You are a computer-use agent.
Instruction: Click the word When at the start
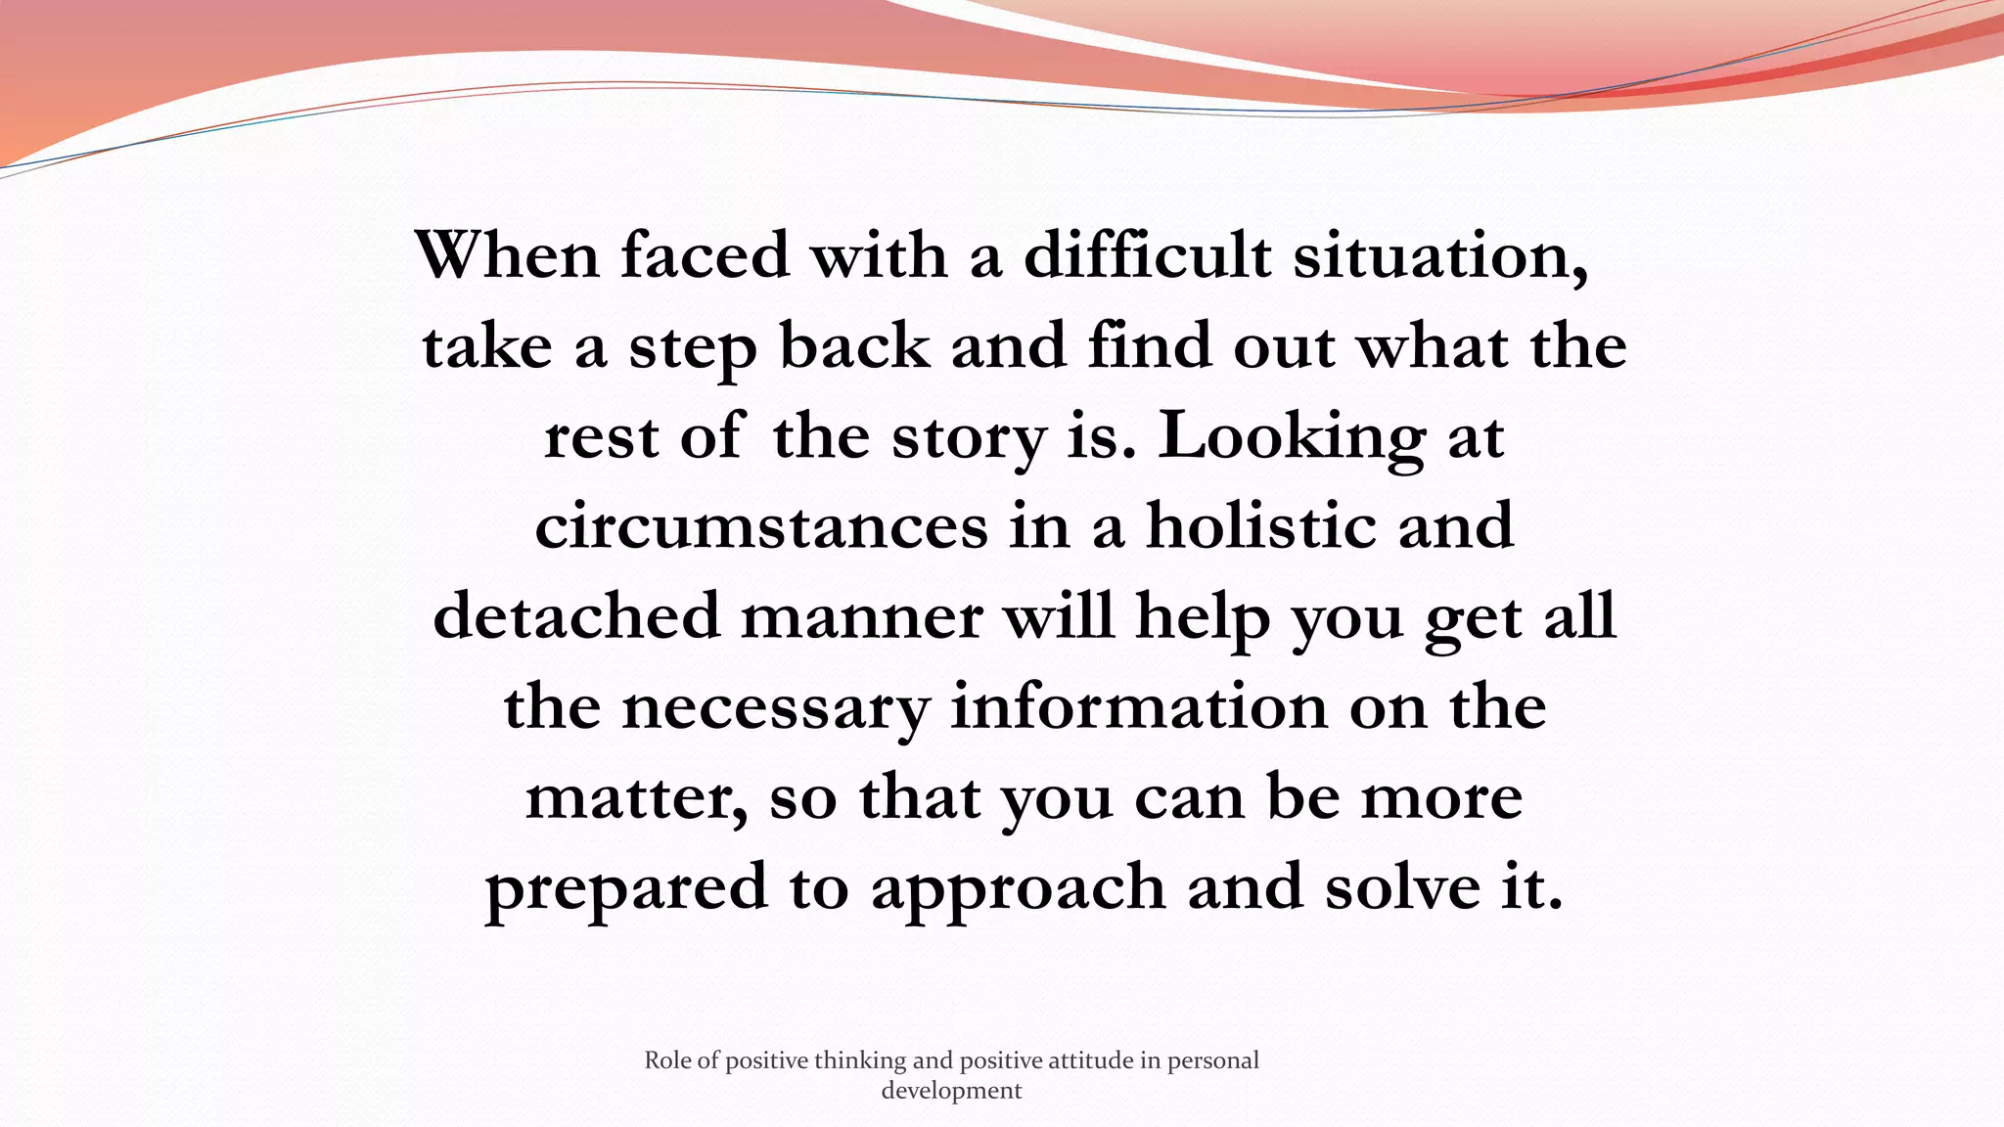click(x=507, y=255)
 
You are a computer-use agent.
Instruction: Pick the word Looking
click(x=1292, y=438)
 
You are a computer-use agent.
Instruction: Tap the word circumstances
click(x=761, y=526)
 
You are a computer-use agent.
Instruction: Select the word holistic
click(x=1260, y=526)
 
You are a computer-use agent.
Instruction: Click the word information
click(x=1139, y=706)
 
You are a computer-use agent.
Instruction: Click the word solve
click(x=1402, y=888)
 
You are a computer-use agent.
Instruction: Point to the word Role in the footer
click(x=667, y=1060)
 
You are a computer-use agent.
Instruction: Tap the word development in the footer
click(x=951, y=1091)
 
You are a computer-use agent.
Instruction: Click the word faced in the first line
click(x=705, y=255)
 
